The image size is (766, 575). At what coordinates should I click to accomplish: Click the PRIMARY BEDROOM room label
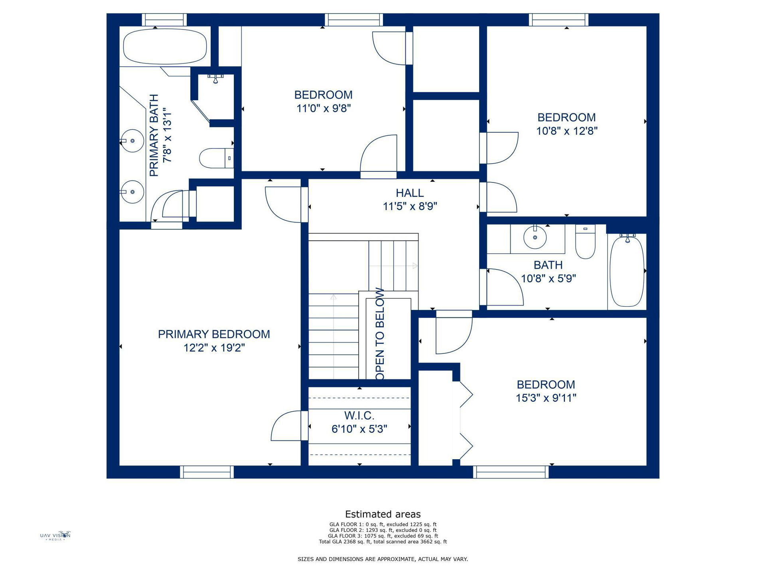214,334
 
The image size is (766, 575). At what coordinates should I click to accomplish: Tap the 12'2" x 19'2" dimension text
214,348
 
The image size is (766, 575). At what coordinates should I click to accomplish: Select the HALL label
410,193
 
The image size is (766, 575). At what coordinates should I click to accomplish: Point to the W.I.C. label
359,416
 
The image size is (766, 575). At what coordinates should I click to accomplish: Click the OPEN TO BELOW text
380,334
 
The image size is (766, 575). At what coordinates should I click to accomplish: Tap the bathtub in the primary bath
165,46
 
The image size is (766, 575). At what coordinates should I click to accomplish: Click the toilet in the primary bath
216,158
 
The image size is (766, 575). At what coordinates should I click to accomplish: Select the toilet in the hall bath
585,241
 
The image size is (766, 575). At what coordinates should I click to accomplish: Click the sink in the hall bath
535,237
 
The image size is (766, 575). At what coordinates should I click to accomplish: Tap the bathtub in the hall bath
627,270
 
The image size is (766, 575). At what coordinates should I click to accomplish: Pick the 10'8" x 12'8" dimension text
567,131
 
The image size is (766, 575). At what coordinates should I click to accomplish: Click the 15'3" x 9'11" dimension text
546,398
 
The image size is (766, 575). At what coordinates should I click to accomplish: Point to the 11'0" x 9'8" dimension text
323,108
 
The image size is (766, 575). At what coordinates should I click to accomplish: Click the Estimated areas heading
383,514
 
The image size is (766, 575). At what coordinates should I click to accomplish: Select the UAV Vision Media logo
55,535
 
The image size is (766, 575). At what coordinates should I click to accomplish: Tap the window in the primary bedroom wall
207,472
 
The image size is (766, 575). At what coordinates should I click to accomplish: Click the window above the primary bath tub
164,20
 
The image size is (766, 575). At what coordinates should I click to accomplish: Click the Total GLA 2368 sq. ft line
383,542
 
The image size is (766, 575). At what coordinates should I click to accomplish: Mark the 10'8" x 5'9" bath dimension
548,279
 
